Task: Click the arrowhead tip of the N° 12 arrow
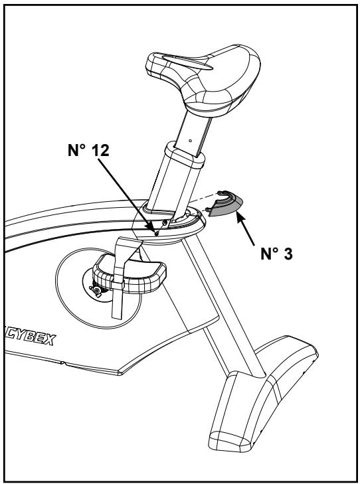pos(153,230)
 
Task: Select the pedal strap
pos(120,292)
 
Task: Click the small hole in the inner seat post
pos(189,140)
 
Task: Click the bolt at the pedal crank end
pos(98,290)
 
